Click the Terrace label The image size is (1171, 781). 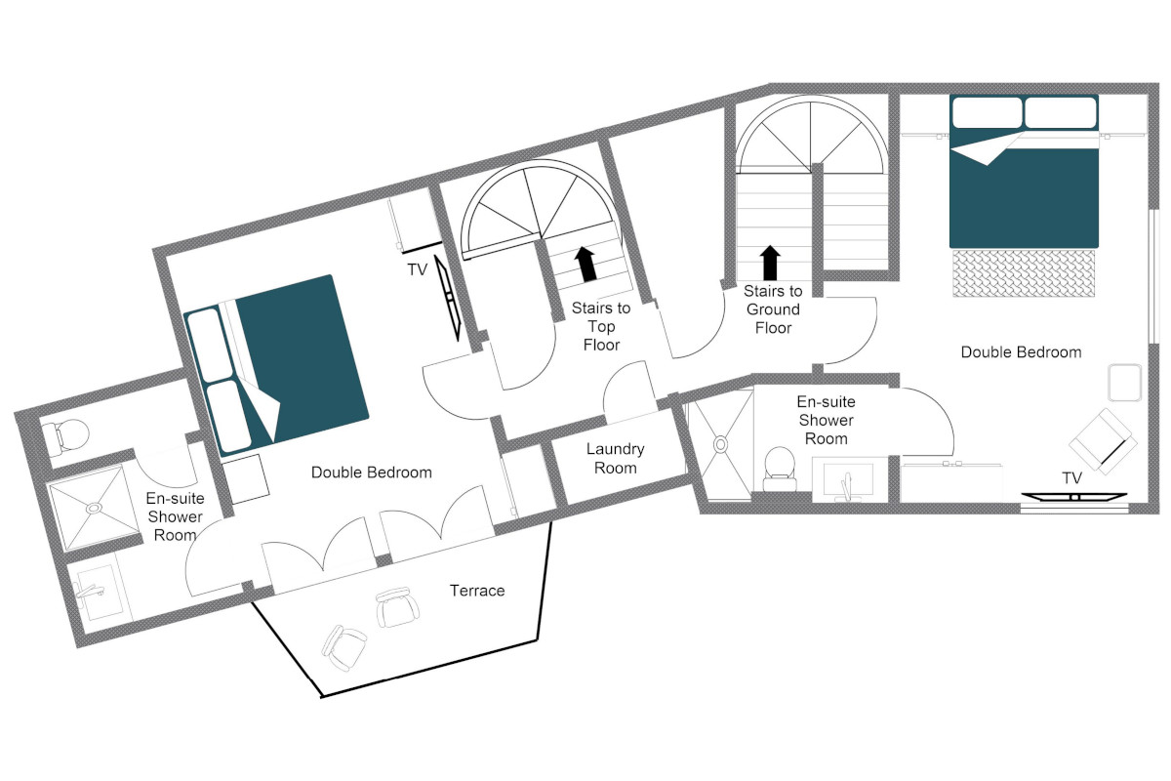tap(477, 591)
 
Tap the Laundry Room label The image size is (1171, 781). tap(616, 458)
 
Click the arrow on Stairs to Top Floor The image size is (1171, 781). tap(585, 264)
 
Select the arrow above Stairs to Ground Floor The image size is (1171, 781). tap(770, 263)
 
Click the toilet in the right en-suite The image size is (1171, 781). tap(780, 469)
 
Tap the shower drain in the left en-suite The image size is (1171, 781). tap(94, 508)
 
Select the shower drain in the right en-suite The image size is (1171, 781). tap(721, 444)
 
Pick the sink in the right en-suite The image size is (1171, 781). tap(848, 480)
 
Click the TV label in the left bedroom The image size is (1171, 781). tap(418, 269)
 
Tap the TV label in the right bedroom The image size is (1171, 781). tap(1071, 477)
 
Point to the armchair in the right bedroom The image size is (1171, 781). tap(1103, 441)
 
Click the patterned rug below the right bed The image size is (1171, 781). tap(1024, 273)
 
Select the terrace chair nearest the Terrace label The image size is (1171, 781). tap(397, 607)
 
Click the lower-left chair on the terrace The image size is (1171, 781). tap(343, 647)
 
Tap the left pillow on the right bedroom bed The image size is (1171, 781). tap(987, 112)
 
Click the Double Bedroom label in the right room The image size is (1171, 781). tap(1021, 352)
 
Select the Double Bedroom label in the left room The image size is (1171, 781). tap(371, 473)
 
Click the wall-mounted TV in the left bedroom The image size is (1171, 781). tap(449, 298)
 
